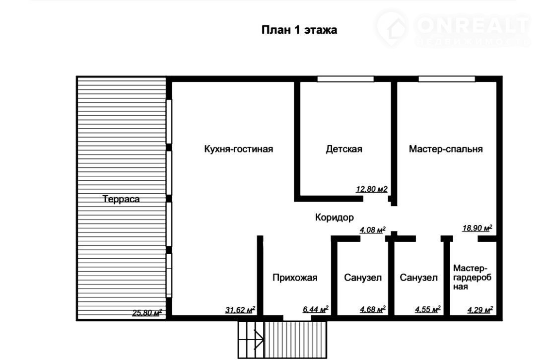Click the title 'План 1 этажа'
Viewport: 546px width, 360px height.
[299, 30]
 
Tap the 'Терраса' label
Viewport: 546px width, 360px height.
[121, 199]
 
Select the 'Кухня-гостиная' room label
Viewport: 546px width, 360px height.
[239, 149]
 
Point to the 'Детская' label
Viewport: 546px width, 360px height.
[344, 149]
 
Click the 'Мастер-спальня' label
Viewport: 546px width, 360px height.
[446, 149]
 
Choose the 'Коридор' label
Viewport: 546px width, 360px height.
[334, 217]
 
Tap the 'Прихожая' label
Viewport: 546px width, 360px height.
[295, 278]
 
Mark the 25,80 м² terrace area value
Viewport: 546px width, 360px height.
[147, 313]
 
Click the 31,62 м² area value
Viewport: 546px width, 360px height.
[240, 309]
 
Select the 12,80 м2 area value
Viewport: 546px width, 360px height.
[372, 189]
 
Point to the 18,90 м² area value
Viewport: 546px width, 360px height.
[477, 228]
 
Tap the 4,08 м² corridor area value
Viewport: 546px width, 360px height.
[373, 230]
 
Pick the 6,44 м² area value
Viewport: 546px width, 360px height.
[316, 309]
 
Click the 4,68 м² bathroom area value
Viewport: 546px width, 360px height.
[373, 309]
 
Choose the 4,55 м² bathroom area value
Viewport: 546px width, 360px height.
[428, 309]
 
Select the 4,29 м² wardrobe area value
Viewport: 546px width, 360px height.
[480, 309]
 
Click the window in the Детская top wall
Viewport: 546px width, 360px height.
[345, 79]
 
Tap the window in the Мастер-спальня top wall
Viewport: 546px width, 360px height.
[447, 79]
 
